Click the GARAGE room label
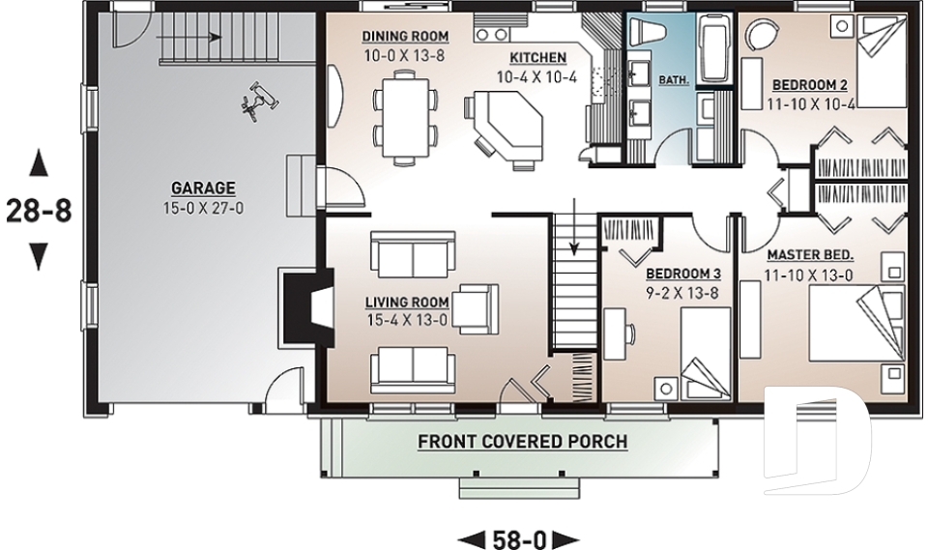tap(203, 188)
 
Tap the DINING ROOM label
tap(405, 37)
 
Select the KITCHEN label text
tap(538, 57)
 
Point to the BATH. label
tap(674, 79)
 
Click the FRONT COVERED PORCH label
tap(523, 442)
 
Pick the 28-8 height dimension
tap(39, 210)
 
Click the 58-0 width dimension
tap(518, 540)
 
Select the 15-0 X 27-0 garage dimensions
tap(203, 209)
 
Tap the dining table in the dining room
tap(405, 117)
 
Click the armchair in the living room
tap(476, 308)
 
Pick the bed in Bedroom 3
tap(705, 354)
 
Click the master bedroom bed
tap(857, 323)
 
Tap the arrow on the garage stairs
tap(189, 38)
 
